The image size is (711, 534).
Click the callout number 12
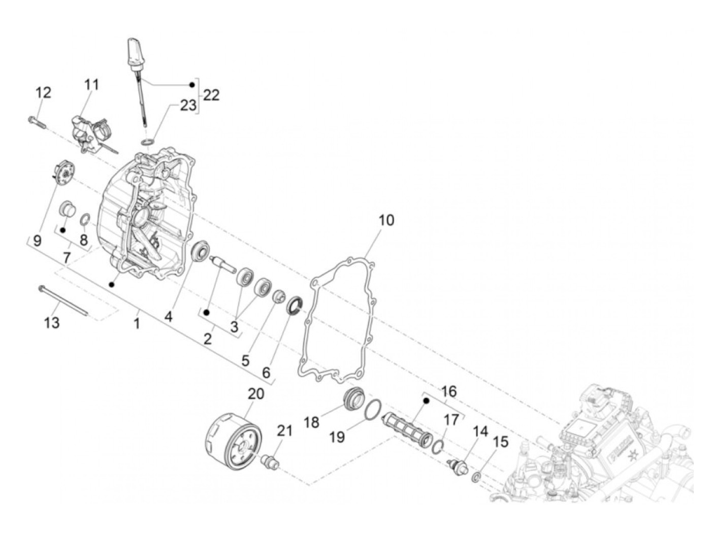tap(43, 93)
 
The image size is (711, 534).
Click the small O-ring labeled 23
tap(147, 140)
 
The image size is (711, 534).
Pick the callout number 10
tap(386, 220)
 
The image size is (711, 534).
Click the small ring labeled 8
tap(86, 220)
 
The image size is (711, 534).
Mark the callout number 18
tap(312, 422)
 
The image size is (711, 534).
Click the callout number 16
tap(449, 391)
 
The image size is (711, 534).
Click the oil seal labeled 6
tap(295, 306)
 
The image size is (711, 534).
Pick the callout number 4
tap(168, 317)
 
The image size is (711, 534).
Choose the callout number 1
tap(136, 323)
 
